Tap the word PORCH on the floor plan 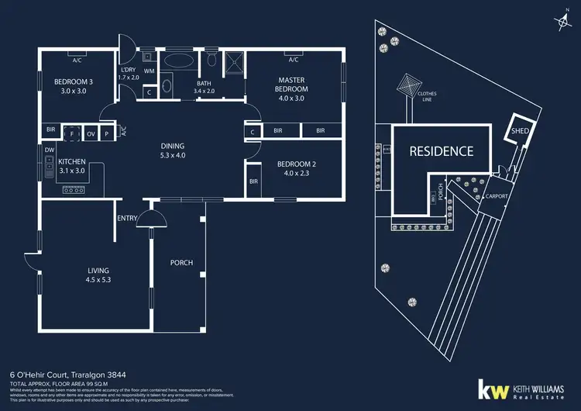click(181, 263)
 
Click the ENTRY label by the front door click(127, 219)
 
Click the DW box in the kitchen click(49, 150)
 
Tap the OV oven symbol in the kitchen click(91, 133)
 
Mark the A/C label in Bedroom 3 click(77, 60)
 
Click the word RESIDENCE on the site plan click(441, 151)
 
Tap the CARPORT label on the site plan click(496, 197)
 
